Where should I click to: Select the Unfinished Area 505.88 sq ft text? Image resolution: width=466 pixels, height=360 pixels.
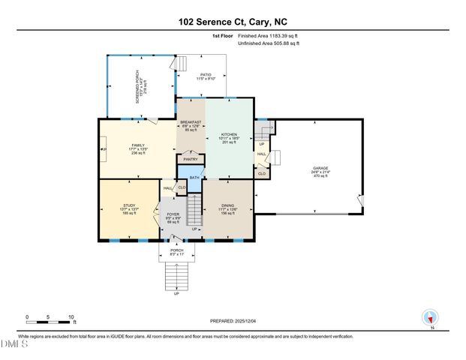point(269,43)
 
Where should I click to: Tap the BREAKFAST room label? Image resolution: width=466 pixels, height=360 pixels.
point(191,122)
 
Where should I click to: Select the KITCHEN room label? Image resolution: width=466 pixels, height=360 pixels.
point(229,136)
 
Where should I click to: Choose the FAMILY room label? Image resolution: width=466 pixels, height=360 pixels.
point(138,145)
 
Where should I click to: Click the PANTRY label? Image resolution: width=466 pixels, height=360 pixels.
point(190,159)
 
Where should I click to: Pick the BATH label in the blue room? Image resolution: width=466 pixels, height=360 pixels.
point(194,177)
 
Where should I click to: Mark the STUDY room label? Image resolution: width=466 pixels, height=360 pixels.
point(129,205)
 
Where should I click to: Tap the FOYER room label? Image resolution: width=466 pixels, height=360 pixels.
point(173,214)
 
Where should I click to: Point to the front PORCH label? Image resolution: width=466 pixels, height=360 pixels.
point(178,251)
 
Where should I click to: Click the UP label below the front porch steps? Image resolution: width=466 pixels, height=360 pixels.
point(176,293)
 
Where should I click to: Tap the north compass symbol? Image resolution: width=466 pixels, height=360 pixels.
point(430,317)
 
